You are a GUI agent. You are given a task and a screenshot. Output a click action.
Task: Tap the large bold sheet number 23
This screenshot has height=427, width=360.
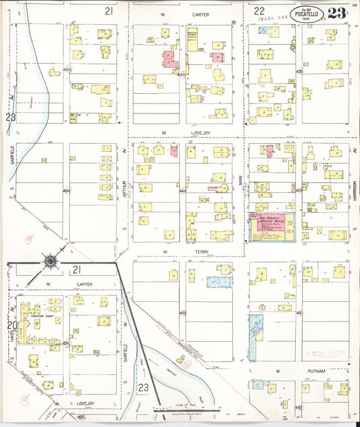point(338,14)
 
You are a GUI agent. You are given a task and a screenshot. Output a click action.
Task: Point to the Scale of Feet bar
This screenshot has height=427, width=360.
point(186,409)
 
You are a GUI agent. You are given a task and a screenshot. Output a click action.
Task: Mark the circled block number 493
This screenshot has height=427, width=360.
point(67,70)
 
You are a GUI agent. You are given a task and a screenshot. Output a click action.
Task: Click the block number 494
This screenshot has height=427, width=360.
point(66,191)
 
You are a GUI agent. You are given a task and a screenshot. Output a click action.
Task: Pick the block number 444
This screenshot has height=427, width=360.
point(182,191)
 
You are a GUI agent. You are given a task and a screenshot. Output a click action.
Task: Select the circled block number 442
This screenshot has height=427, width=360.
point(299,407)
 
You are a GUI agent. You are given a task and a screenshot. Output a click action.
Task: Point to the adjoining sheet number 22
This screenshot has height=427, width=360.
point(259,11)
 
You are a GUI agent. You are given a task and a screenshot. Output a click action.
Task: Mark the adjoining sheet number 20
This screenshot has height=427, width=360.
point(11,325)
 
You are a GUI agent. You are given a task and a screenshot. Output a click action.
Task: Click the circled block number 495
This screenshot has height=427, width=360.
point(80,418)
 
